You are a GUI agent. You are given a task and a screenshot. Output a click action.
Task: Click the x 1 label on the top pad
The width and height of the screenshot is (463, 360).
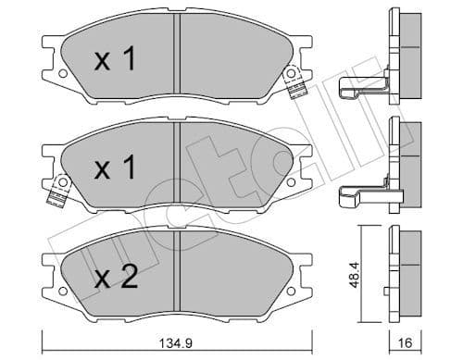click(x=116, y=61)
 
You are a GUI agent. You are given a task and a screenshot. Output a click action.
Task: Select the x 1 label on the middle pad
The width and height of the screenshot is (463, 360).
click(x=116, y=169)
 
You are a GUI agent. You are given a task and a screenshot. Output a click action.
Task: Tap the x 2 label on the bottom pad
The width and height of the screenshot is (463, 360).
click(x=116, y=277)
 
